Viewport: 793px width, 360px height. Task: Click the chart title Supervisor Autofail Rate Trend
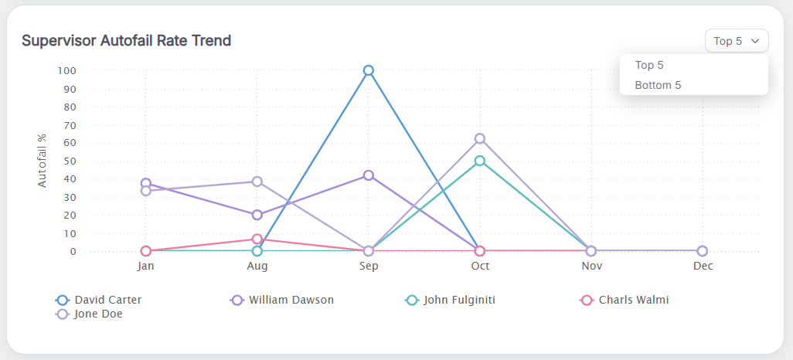126,40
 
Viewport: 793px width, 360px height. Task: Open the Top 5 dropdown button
736,41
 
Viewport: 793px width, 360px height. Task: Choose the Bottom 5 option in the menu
658,85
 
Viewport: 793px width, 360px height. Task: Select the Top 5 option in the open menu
649,65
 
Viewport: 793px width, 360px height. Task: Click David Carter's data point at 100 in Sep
369,70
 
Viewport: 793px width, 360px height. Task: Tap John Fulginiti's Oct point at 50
480,161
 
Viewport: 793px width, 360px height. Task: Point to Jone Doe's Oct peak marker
480,138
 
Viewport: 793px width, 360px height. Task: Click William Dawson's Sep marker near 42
369,175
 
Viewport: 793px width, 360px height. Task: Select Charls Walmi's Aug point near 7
257,239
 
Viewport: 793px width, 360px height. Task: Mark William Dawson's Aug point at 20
257,215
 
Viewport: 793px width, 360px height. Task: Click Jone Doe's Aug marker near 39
257,182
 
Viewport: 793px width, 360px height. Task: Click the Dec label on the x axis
703,266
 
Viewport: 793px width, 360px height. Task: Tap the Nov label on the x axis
591,266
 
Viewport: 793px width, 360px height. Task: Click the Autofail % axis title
43,161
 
